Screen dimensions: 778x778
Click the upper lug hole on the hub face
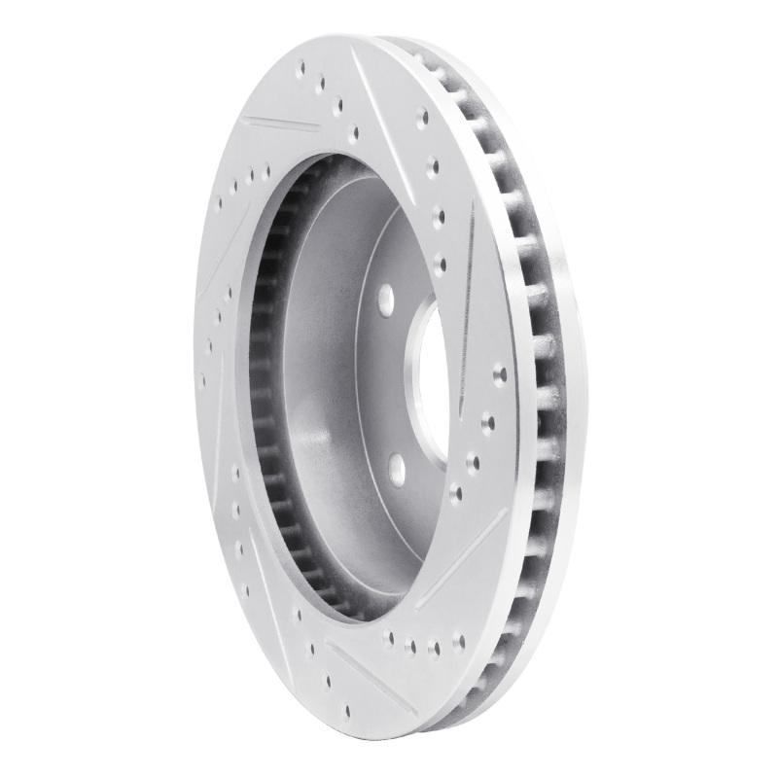(384, 297)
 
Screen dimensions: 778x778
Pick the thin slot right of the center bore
(466, 282)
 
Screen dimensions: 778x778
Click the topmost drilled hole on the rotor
(301, 67)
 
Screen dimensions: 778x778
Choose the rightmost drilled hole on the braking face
(500, 372)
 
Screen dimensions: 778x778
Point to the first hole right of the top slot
(422, 116)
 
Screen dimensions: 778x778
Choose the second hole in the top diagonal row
(321, 83)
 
